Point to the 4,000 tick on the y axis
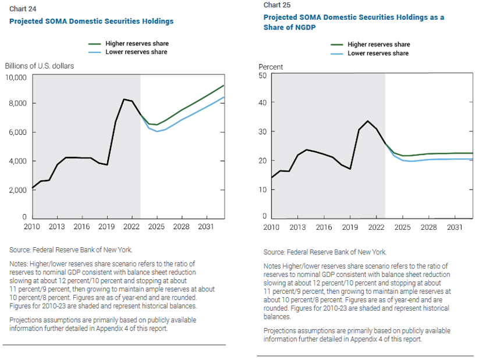(x=17, y=161)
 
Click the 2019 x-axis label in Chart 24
(x=106, y=227)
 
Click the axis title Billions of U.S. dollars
(x=40, y=66)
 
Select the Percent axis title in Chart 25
(x=271, y=67)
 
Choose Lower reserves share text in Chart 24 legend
(x=137, y=52)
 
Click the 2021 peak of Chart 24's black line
(x=123, y=99)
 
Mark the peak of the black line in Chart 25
(x=367, y=121)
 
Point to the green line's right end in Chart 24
(x=224, y=85)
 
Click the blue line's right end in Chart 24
(x=224, y=97)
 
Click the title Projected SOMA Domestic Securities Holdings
(x=91, y=22)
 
